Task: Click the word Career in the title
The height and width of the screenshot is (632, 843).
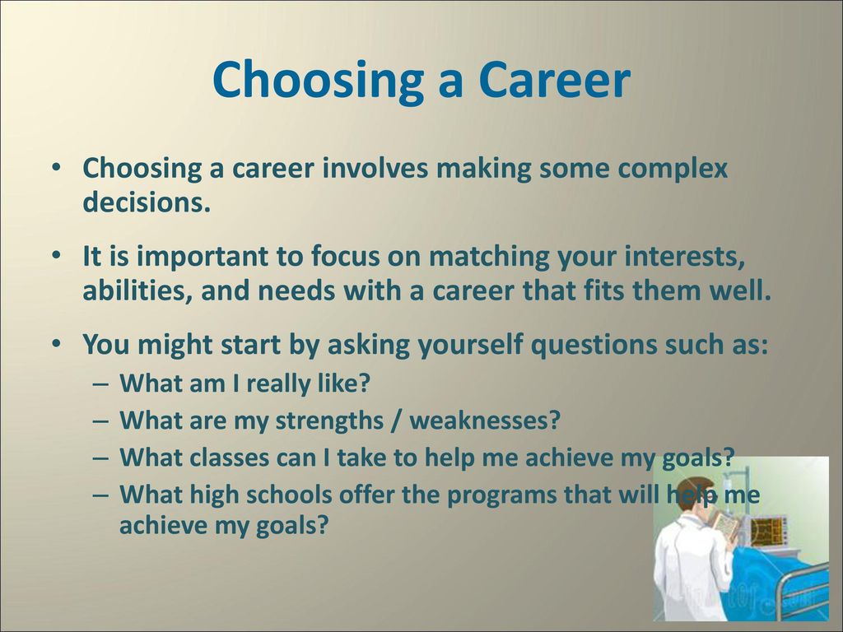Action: click(554, 80)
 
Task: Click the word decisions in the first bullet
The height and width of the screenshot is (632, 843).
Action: click(146, 202)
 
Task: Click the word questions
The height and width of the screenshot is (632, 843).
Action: click(594, 346)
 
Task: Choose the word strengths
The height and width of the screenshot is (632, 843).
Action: click(329, 421)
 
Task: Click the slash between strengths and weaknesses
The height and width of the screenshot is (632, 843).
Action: click(397, 421)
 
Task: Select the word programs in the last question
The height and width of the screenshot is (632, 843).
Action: click(502, 495)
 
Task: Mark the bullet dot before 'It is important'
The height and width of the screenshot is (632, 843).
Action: click(56, 256)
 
